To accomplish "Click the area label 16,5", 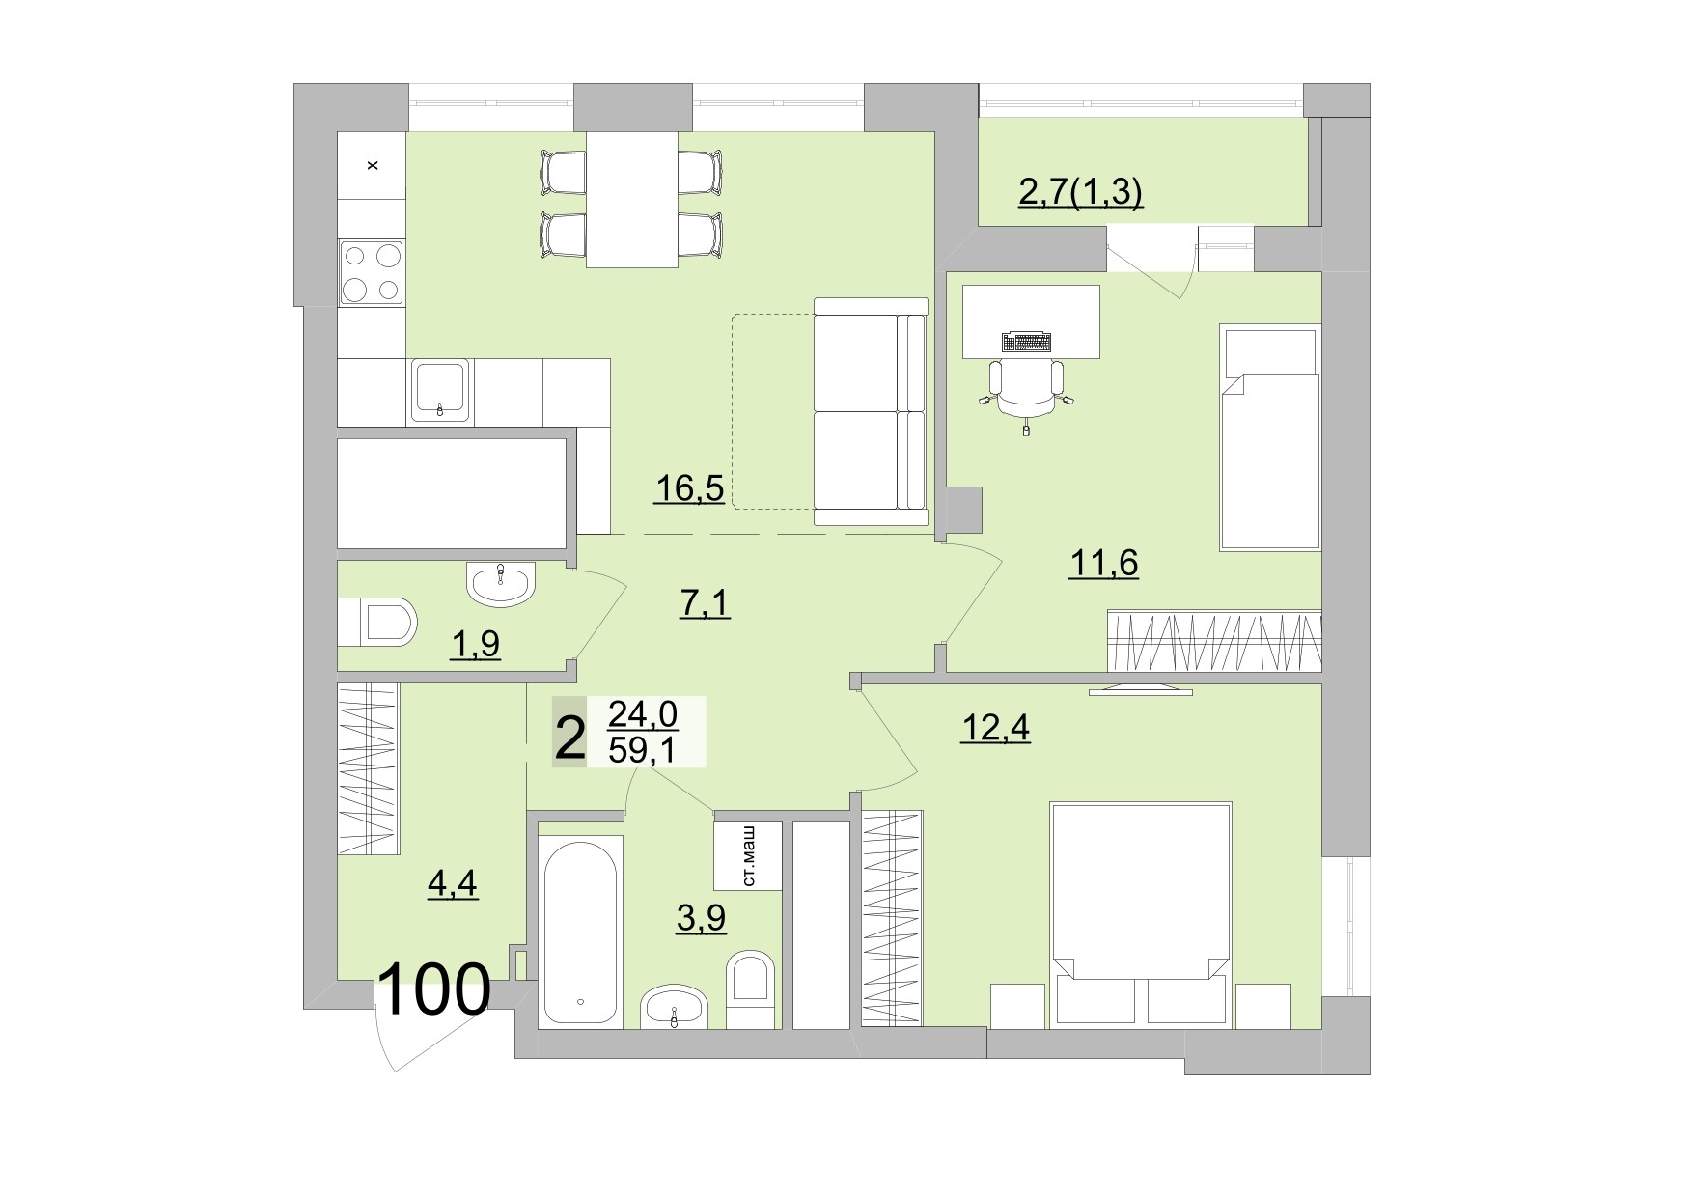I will (x=689, y=488).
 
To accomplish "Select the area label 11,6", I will (x=1103, y=561).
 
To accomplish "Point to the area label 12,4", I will (x=995, y=728).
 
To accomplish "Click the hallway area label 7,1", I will (x=705, y=604).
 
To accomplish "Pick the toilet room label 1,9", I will (x=475, y=643).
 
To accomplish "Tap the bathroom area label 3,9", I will (x=701, y=918).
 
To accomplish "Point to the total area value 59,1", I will (x=643, y=749).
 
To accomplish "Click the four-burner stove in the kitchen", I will (x=372, y=272).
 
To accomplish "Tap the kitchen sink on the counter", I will (x=441, y=391).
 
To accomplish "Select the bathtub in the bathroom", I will (x=579, y=935).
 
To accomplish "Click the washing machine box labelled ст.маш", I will (x=747, y=855).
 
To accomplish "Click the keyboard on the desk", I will (x=1027, y=342).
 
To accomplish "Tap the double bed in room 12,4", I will (x=1140, y=912).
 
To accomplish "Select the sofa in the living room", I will (x=870, y=412).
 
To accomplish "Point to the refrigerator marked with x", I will (x=372, y=165).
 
